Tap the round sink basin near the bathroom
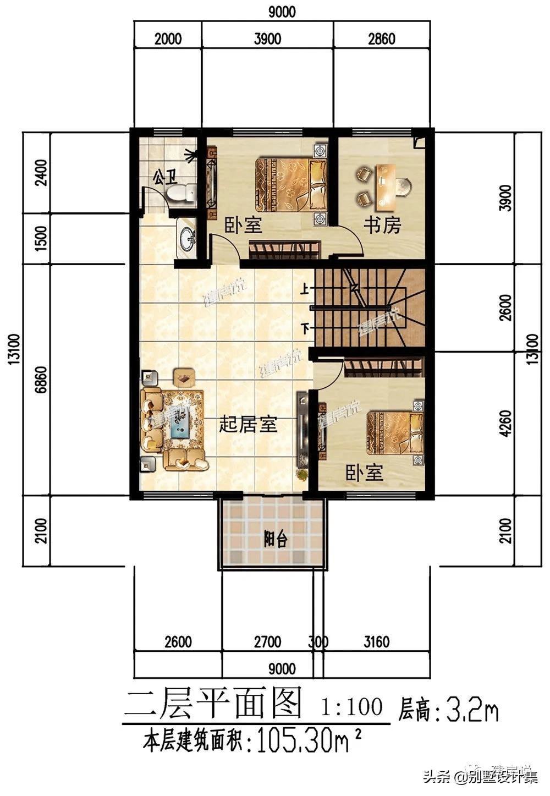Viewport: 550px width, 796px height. (187, 238)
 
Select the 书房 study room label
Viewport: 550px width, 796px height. (382, 225)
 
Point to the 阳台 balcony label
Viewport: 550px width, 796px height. (275, 539)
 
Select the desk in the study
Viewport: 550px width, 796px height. (387, 182)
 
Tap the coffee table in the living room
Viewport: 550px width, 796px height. (180, 421)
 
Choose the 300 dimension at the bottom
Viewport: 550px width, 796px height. (318, 642)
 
